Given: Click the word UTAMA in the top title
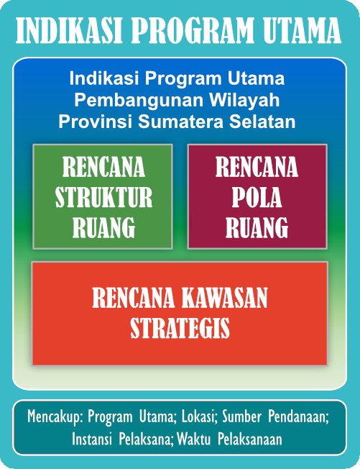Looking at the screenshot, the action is (302, 30).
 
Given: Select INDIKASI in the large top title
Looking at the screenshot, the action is (69, 30).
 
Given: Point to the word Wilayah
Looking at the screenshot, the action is (244, 100).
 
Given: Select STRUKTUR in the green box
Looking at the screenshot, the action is (103, 197).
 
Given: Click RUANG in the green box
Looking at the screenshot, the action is (103, 227).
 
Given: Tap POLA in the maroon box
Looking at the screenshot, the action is (257, 197).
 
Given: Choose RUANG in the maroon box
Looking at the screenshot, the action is (257, 227).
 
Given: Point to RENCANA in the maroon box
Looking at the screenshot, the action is (257, 167).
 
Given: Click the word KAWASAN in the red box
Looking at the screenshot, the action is (224, 298).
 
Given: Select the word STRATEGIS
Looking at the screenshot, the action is (180, 328).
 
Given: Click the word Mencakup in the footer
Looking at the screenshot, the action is (55, 416).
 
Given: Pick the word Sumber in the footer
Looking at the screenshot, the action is (242, 416).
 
